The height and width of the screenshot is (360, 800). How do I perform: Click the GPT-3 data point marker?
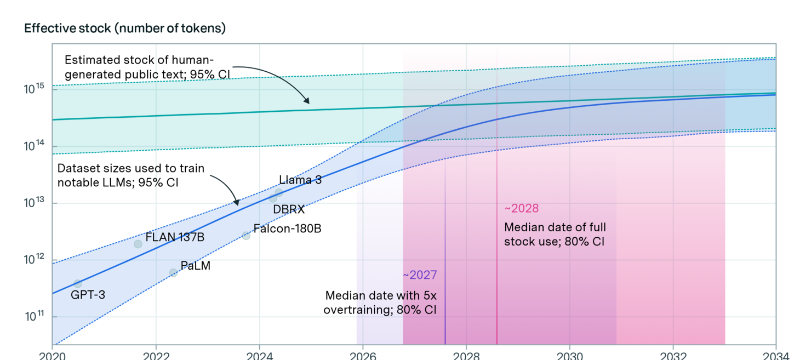click(x=77, y=284)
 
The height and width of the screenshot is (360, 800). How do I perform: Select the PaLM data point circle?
click(x=173, y=272)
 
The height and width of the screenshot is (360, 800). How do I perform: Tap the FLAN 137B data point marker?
click(x=138, y=244)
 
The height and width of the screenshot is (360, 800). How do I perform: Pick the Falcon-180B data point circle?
click(x=246, y=236)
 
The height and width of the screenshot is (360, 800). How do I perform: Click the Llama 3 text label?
click(x=300, y=180)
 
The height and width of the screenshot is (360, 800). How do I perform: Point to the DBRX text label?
click(x=288, y=209)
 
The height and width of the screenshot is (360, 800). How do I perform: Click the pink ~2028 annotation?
click(x=521, y=208)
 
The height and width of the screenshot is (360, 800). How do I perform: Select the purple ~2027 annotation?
click(x=420, y=275)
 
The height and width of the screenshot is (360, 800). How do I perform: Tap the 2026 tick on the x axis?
click(x=363, y=355)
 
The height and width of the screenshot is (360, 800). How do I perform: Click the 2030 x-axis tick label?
click(x=570, y=355)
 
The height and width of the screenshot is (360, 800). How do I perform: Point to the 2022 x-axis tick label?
click(x=156, y=355)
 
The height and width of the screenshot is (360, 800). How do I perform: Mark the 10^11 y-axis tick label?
click(x=36, y=316)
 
